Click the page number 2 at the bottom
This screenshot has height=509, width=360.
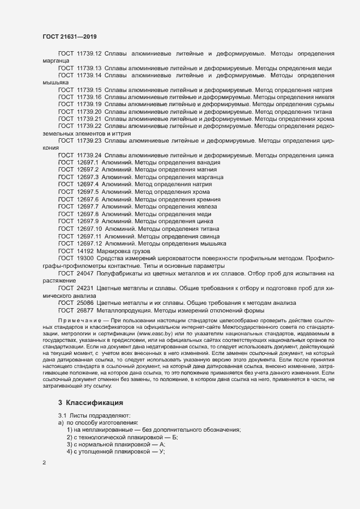(44, 463)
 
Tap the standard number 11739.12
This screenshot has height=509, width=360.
(89, 53)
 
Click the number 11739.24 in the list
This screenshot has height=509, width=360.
(89, 155)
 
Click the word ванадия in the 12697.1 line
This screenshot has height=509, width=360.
(209, 163)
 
